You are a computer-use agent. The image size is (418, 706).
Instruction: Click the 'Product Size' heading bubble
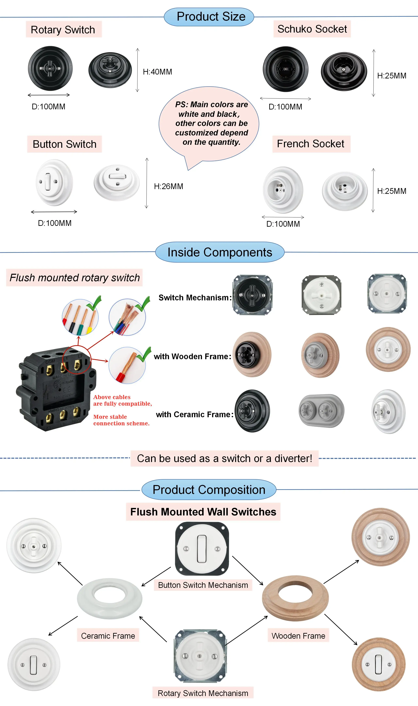(209, 17)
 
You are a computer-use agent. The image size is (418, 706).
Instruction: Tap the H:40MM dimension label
(157, 72)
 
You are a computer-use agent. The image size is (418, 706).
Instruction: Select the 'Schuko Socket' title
(312, 29)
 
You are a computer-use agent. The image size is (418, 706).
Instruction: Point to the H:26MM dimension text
(169, 186)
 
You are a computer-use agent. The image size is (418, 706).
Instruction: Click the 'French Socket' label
(311, 144)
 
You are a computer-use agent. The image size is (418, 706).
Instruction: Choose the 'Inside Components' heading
(220, 252)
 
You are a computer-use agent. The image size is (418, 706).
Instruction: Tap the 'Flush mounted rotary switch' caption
(75, 278)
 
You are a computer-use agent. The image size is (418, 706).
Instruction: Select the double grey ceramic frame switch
(321, 411)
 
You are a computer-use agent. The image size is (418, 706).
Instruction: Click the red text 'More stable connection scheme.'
(121, 420)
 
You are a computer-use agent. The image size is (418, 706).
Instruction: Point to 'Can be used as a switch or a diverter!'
(225, 459)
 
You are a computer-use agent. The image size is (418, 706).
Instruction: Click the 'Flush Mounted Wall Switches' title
(203, 512)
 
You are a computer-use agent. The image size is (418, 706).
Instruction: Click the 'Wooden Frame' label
(298, 636)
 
